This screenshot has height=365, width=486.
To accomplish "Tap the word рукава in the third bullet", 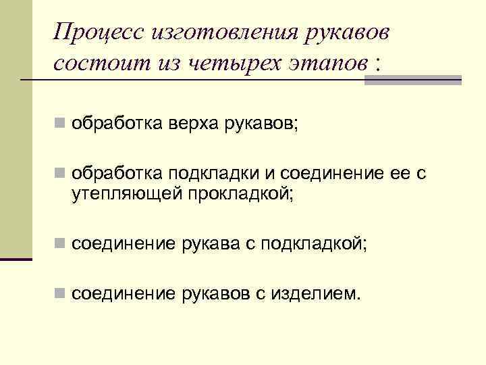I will coord(208,244).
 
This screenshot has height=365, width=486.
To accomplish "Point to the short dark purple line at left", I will coord(16,258).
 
